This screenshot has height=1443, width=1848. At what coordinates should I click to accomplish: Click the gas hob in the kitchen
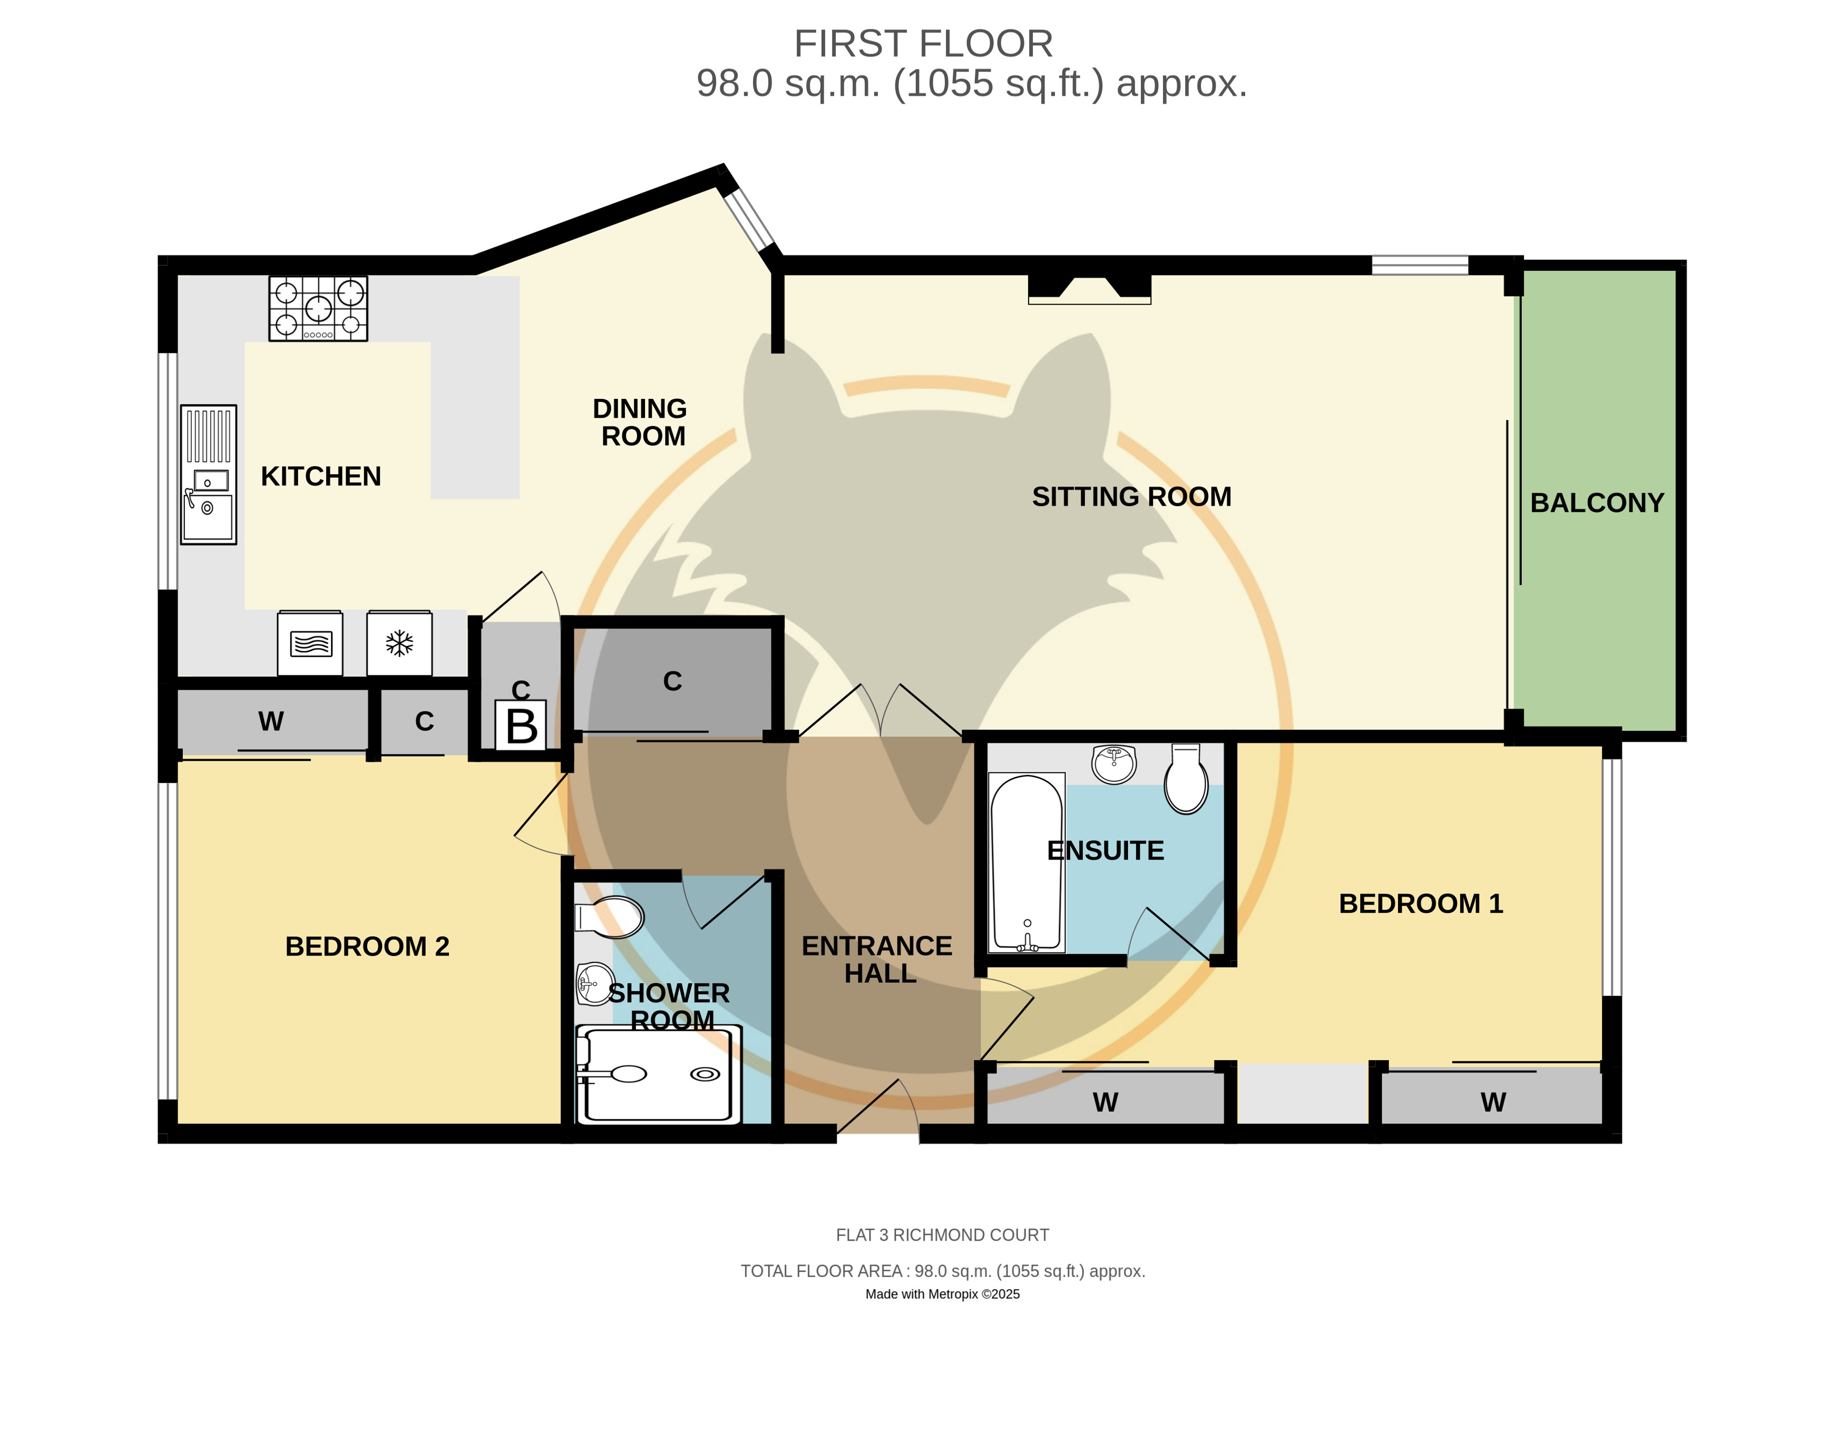tap(318, 309)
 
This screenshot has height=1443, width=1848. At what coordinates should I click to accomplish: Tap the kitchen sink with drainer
tap(208, 475)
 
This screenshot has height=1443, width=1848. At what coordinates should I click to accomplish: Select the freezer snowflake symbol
tap(399, 644)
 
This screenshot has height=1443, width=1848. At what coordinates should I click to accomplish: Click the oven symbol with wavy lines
tap(310, 644)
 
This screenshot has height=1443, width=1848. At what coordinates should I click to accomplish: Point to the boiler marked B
tap(521, 725)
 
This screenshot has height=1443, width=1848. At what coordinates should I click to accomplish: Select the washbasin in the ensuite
tap(1113, 764)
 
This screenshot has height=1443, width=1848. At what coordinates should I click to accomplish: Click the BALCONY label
tap(1597, 503)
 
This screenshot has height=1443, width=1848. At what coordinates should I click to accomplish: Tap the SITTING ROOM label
tap(1131, 496)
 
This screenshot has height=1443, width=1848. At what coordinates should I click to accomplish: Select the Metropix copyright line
tap(943, 1294)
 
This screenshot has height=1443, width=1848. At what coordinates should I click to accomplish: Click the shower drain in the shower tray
tap(705, 1074)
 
